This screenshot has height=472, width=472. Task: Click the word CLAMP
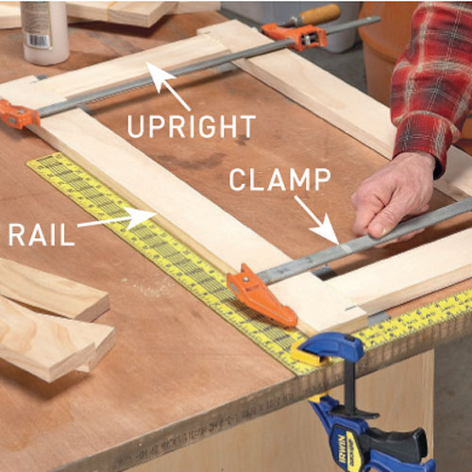(x=279, y=179)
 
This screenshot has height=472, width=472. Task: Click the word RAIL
(x=42, y=234)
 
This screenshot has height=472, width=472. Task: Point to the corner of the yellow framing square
(x=312, y=363)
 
